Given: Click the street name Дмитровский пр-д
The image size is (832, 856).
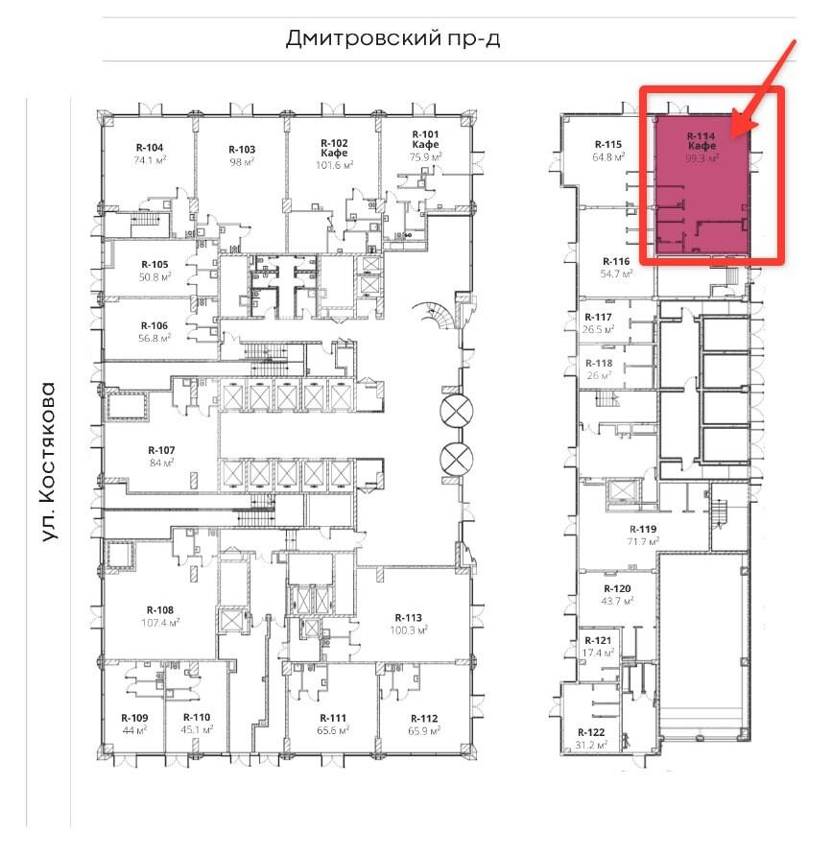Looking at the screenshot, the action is (392, 38).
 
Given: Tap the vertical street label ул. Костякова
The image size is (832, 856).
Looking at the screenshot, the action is (49, 462).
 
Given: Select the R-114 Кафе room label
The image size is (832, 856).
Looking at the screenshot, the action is (701, 141).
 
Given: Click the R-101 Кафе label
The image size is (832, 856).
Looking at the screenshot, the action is (425, 139).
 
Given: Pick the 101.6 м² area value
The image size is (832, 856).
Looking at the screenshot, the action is (334, 165).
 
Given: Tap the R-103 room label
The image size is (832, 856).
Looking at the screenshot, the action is (242, 150).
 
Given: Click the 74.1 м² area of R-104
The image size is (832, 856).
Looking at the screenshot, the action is (150, 160).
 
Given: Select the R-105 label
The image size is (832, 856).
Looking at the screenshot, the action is (155, 264).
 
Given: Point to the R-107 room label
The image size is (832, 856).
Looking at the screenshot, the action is (161, 450).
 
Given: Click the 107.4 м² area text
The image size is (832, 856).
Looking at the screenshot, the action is (160, 623).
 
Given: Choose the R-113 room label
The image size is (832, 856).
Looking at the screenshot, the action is (409, 618).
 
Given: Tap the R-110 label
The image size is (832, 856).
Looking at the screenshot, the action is (197, 718).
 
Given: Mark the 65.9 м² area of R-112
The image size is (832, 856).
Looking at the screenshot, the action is (424, 730).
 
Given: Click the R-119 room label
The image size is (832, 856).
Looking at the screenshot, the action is (643, 529).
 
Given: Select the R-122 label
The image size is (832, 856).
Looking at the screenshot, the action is (591, 732).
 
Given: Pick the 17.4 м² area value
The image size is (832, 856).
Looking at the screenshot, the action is (599, 653).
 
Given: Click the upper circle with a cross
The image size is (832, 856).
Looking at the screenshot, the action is (457, 411).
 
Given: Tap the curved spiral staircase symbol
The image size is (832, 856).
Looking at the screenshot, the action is (434, 315).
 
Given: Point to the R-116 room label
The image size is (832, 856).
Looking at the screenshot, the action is (616, 261).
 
